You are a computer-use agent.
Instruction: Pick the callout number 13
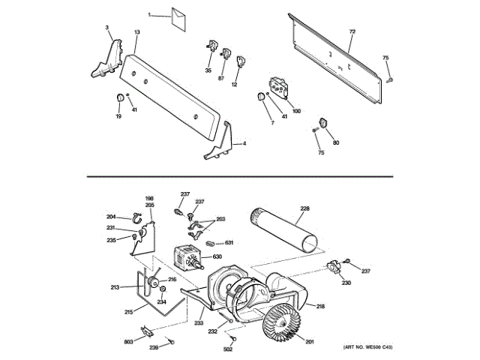[x=137, y=32]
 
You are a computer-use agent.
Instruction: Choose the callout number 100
[x=296, y=111]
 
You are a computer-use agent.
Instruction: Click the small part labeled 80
[x=322, y=124]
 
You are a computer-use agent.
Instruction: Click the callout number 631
[x=229, y=243]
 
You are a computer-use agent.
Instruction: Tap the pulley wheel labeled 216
[x=158, y=283]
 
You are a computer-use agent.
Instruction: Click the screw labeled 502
[x=232, y=338]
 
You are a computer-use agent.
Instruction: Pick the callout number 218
[x=320, y=306]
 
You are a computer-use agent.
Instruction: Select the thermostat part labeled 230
[x=334, y=267]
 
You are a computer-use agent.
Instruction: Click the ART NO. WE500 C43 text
[x=368, y=347]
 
